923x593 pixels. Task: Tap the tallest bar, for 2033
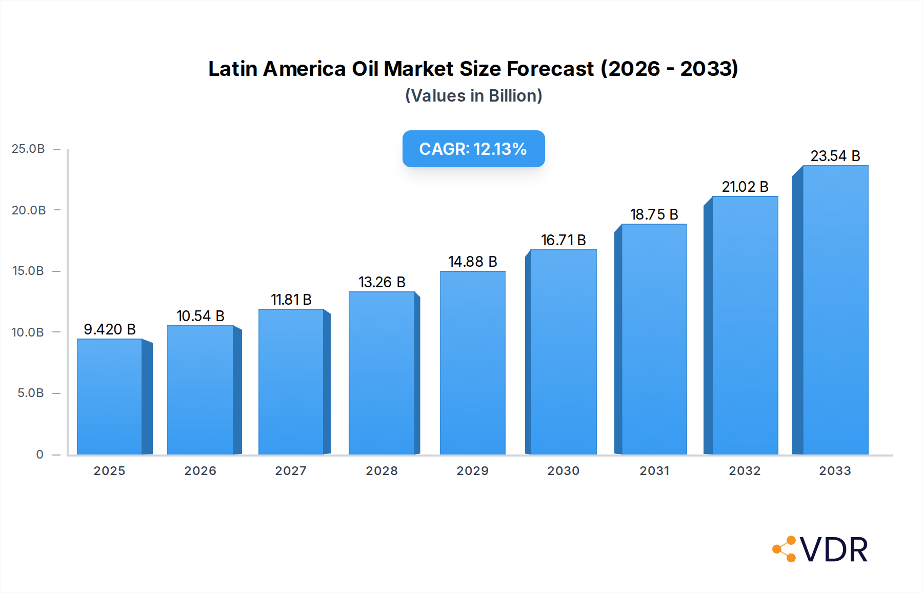835,310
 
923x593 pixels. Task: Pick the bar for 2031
654,339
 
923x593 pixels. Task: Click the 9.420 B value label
110,329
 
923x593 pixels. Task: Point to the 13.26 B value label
382,282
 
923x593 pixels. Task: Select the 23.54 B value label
835,156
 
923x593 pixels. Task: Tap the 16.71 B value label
563,240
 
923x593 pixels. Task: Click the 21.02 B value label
745,187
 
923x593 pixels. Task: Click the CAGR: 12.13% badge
473,149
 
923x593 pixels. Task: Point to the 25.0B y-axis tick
28,149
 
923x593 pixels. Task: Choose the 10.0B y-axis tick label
28,332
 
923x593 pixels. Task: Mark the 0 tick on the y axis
39,454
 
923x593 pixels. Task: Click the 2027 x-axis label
291,471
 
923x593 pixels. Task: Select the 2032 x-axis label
745,471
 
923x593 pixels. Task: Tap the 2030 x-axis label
563,471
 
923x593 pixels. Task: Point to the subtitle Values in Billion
473,96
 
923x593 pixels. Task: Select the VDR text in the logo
834,550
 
